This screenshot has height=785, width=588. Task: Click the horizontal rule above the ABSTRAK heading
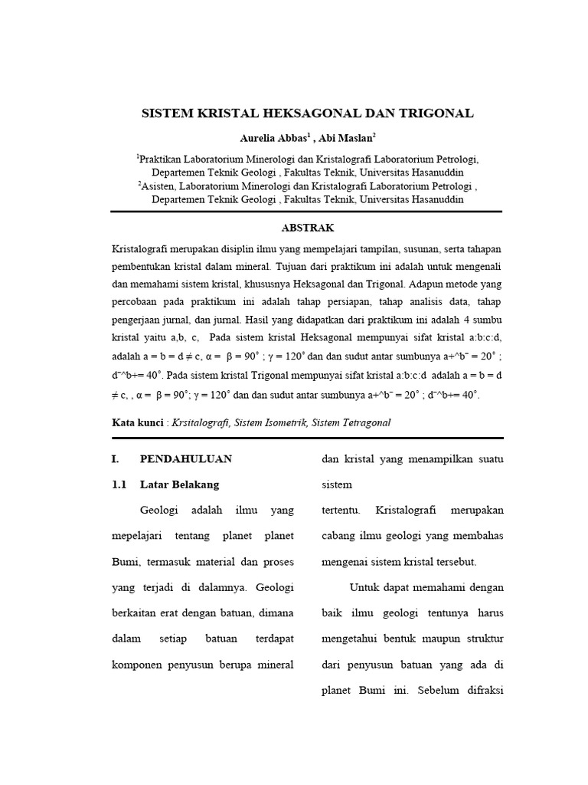point(306,212)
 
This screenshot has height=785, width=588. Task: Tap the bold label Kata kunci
point(137,422)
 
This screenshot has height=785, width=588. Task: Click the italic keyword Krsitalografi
point(199,422)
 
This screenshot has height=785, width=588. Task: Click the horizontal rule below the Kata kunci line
point(306,438)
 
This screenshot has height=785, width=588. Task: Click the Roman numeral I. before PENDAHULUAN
point(116,459)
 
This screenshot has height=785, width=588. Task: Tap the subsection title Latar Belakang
point(179,484)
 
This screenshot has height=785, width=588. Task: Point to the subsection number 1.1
point(119,484)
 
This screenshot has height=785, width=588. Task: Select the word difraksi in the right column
point(479,688)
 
